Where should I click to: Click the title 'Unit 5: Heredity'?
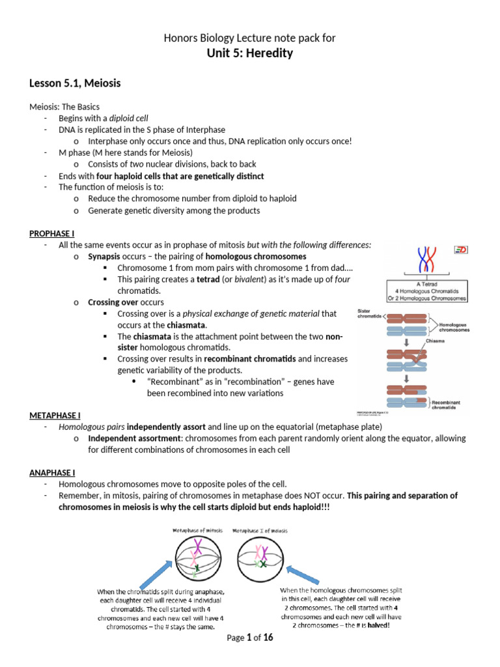point(250,53)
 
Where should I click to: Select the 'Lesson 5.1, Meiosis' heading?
point(75,83)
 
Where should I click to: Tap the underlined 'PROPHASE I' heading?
point(51,233)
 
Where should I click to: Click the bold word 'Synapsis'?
point(105,257)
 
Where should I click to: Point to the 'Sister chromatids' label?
point(370,314)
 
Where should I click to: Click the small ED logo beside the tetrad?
point(461,249)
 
